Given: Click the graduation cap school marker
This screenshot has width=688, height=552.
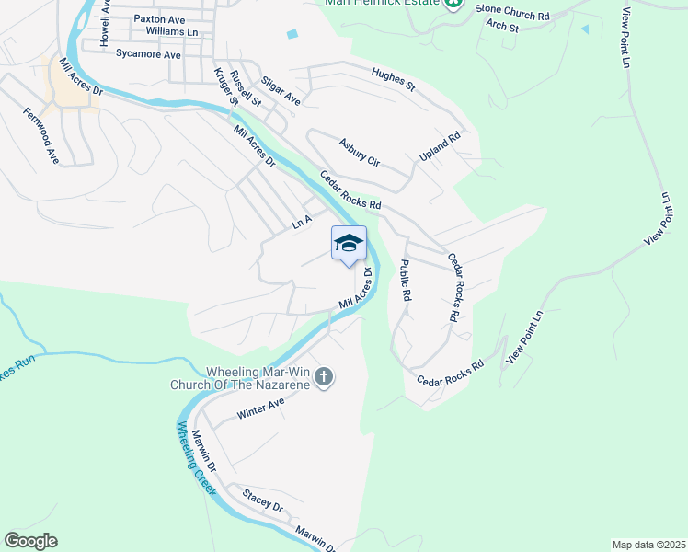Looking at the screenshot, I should [349, 244].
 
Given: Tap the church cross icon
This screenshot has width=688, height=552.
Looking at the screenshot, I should [323, 376].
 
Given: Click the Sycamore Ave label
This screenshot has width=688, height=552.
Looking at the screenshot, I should [148, 54].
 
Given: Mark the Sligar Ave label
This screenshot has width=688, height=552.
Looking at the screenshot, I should [281, 90].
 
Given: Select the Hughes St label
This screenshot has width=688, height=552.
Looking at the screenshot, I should [394, 79].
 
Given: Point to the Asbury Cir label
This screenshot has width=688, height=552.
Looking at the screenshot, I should [359, 152].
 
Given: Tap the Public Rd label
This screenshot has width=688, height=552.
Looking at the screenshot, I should [404, 281].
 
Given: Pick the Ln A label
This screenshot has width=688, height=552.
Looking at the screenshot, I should [303, 222].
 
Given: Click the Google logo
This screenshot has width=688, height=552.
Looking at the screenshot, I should [30, 541].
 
